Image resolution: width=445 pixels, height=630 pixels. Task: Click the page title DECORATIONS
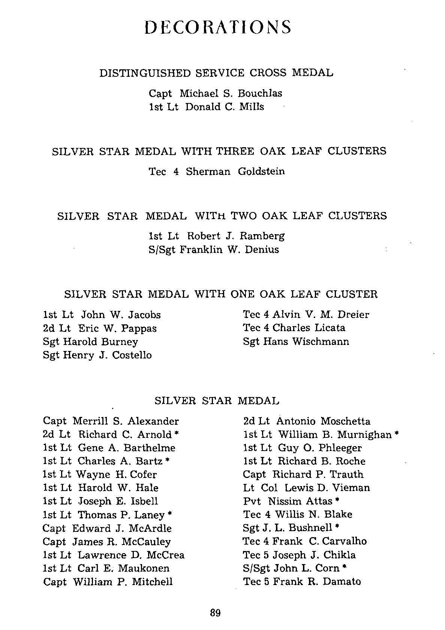[218, 27]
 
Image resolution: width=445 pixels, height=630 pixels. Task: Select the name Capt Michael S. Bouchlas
[215, 93]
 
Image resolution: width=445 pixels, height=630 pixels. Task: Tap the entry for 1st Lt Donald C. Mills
[206, 107]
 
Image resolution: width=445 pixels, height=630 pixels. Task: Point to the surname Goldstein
[261, 172]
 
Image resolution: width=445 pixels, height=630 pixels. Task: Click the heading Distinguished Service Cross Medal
[216, 73]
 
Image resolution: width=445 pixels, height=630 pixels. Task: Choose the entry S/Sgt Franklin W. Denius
[214, 250]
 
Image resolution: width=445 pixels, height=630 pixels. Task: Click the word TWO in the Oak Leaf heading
[244, 216]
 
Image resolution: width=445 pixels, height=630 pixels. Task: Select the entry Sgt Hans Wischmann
[296, 342]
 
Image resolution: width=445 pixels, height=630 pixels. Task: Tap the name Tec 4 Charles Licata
[294, 328]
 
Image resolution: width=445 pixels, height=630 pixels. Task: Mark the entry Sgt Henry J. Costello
[97, 355]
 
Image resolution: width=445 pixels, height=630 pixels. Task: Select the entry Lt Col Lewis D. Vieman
[306, 488]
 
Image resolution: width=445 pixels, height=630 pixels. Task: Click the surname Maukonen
[144, 568]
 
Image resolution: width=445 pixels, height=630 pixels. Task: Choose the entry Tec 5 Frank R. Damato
[302, 582]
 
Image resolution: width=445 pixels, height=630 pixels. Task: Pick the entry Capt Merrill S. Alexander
[111, 421]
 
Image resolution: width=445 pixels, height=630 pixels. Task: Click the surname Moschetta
[345, 421]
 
